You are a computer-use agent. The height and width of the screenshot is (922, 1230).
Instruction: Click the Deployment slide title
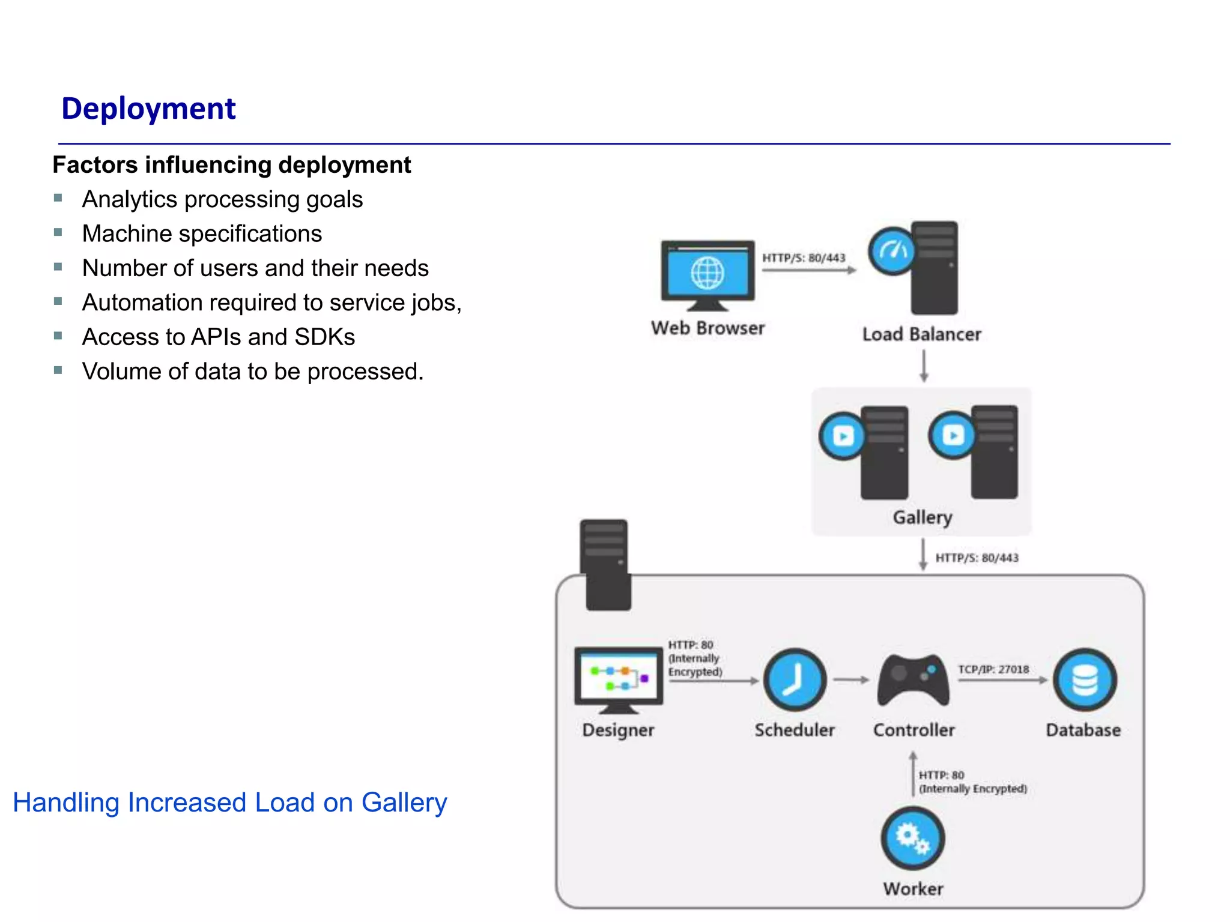148,109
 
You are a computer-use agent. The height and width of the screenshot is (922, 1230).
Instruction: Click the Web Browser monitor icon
707,273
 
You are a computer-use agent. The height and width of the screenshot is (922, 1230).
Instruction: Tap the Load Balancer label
921,334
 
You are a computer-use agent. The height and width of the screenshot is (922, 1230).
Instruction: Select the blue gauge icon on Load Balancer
892,251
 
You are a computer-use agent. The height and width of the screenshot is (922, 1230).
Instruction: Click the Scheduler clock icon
794,679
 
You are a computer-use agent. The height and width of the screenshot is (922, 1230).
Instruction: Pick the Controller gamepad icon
913,680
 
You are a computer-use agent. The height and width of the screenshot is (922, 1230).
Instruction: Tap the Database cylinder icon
1084,679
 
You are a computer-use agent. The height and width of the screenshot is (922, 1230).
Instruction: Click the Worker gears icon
912,838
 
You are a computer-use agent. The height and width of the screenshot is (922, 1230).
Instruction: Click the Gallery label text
922,517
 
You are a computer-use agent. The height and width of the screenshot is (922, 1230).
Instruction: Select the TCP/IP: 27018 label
993,669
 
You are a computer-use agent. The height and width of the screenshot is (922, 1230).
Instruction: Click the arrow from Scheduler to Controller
851,680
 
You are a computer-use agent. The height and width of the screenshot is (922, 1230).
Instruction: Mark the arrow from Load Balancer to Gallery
924,366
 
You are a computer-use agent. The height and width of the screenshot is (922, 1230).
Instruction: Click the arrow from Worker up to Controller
913,774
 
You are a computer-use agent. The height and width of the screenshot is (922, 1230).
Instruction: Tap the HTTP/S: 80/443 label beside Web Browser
804,258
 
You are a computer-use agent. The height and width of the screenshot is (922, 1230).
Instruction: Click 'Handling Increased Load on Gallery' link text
230,803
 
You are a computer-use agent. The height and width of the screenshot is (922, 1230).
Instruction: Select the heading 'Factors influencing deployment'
232,165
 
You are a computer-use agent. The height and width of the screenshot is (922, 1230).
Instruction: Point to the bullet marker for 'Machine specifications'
58,232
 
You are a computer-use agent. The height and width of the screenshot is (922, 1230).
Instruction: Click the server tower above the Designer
605,564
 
